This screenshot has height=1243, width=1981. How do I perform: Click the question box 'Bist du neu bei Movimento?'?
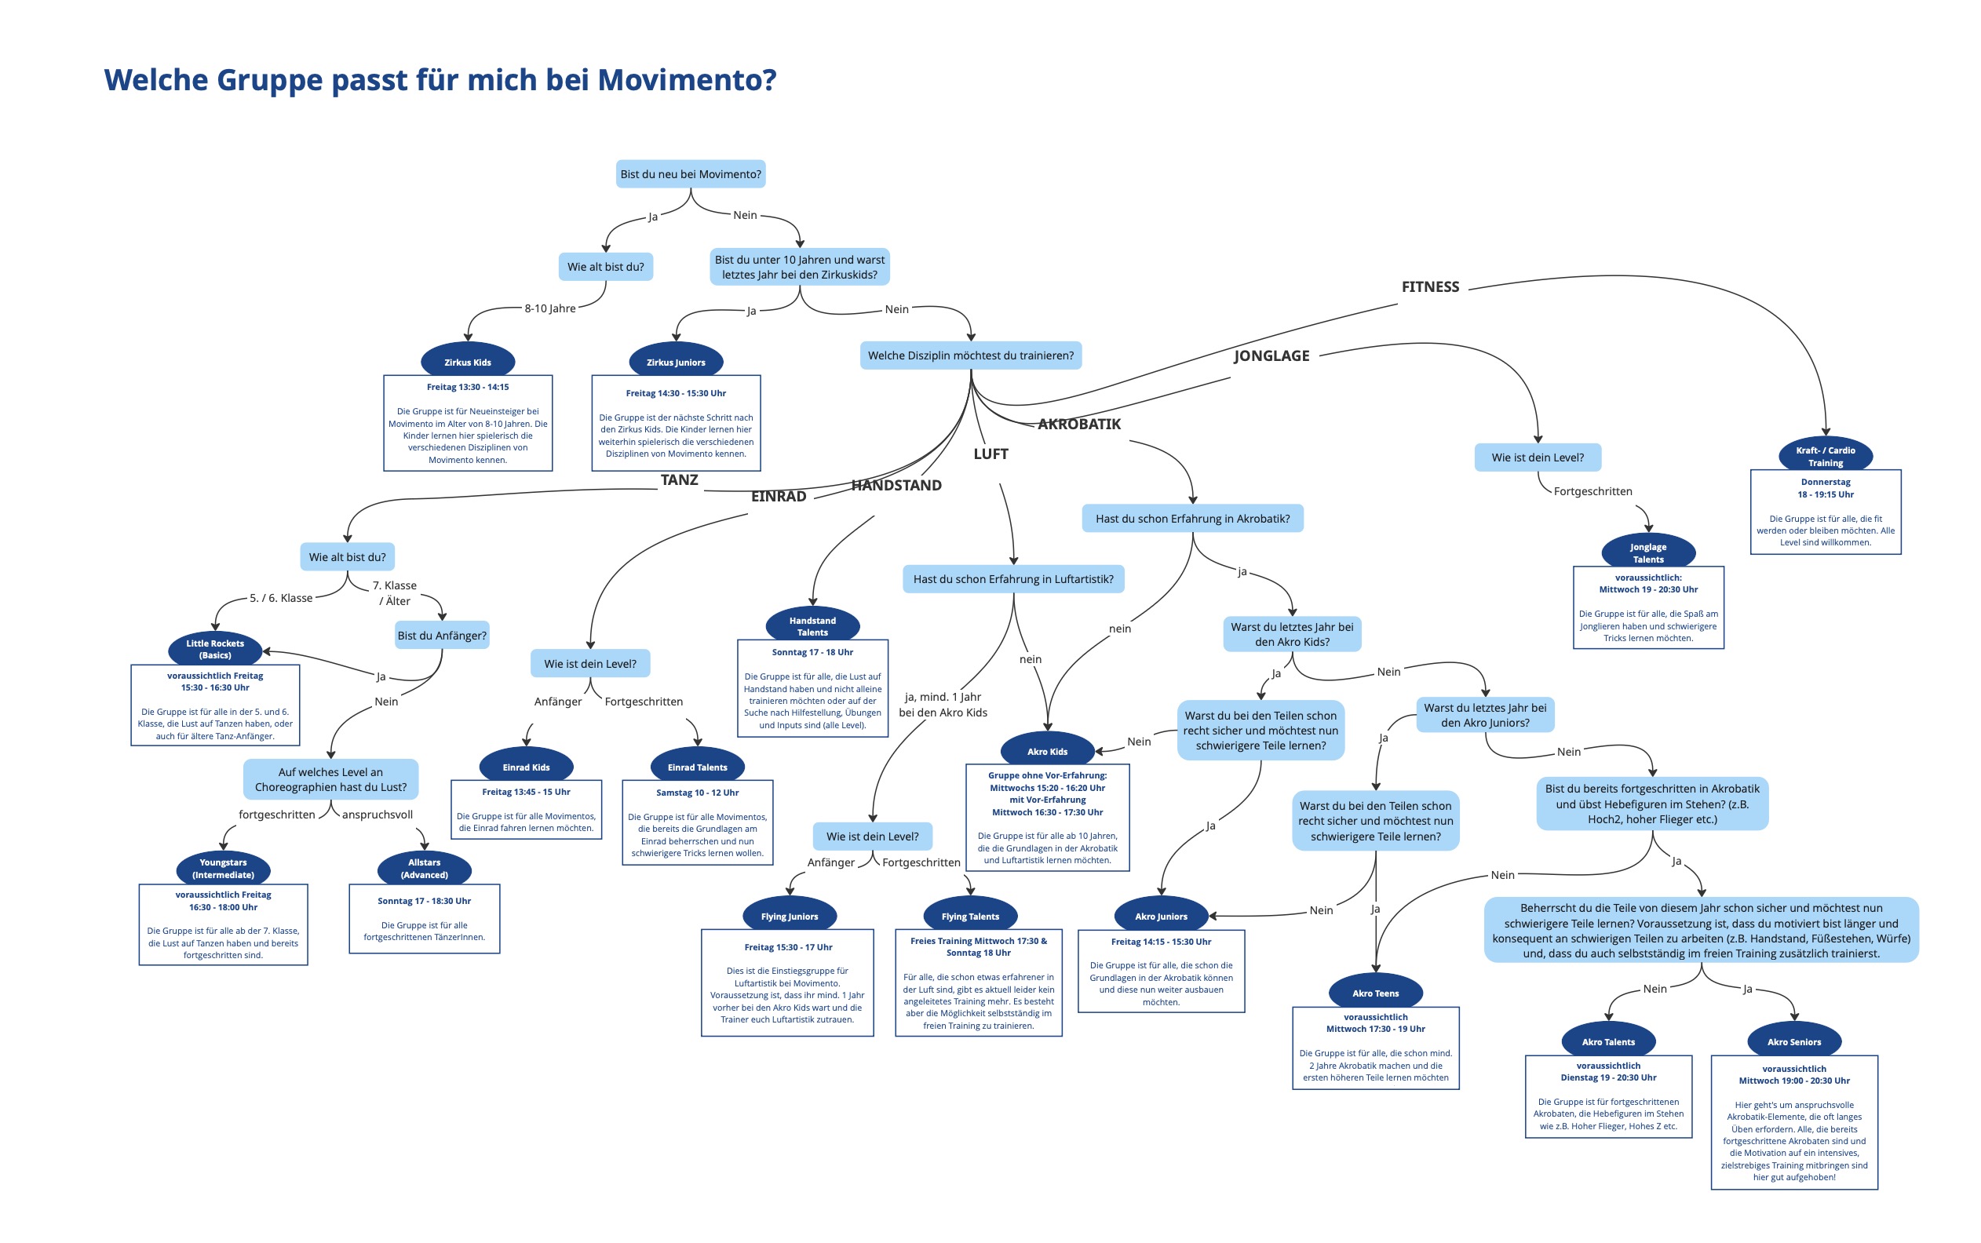(x=691, y=174)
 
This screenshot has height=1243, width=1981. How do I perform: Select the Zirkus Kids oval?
(x=468, y=362)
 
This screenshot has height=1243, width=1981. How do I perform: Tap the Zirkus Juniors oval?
(x=676, y=362)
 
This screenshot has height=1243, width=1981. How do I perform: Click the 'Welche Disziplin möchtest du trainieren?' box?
(x=971, y=355)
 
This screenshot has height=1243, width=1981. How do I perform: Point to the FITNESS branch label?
(x=1430, y=287)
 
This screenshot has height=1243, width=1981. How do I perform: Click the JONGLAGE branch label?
(x=1271, y=356)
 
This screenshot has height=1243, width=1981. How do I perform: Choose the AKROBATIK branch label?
(x=1078, y=425)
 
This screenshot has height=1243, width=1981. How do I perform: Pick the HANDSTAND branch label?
(x=896, y=485)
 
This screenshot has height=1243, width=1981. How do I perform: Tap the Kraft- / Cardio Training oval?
(x=1825, y=455)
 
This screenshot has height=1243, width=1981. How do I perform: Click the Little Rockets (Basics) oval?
(x=214, y=649)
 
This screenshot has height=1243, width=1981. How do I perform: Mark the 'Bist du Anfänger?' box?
(x=442, y=636)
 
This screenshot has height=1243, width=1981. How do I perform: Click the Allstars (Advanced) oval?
(x=424, y=868)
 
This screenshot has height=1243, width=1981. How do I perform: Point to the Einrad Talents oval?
(x=697, y=767)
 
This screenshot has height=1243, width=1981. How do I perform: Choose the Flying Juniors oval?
(x=789, y=916)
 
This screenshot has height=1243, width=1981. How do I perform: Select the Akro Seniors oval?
(x=1793, y=1041)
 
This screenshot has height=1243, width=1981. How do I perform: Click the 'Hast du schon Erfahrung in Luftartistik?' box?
(x=1012, y=579)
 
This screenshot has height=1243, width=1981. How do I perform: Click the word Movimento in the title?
(x=686, y=80)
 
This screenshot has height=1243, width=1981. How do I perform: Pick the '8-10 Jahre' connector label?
(x=550, y=308)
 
